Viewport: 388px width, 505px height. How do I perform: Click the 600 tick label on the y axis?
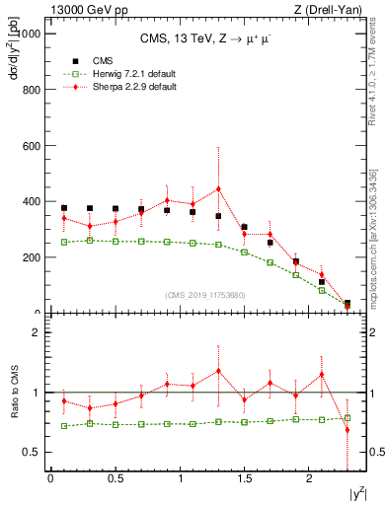34,146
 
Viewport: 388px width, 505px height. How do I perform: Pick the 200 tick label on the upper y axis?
34,257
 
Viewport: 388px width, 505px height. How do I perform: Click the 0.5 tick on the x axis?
115,479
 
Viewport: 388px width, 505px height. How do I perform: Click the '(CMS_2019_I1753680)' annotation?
205,296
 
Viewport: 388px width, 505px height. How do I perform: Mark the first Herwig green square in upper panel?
64,242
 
